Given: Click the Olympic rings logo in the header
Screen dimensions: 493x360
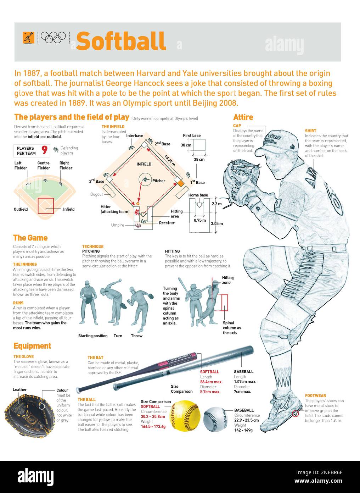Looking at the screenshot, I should tap(53, 37).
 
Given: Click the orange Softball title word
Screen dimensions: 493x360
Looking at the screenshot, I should tap(121, 41).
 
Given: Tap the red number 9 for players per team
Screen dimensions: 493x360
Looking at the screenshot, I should tap(44, 150).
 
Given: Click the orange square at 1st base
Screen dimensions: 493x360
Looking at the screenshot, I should tap(180, 183).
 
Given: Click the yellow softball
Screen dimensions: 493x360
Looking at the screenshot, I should tap(185, 415).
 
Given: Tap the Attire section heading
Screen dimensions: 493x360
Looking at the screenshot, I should tap(243, 117).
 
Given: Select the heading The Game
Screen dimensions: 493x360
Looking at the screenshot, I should tap(30, 238).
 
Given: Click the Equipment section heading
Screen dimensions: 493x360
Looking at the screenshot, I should tap(32, 346).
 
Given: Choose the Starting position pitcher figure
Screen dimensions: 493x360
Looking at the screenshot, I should tap(88, 302).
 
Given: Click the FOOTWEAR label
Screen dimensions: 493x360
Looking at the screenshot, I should tap(315, 395).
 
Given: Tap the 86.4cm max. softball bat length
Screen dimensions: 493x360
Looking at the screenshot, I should tap(211, 382).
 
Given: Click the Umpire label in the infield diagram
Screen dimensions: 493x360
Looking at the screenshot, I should tap(117, 225).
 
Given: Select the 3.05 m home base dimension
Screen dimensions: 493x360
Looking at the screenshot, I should tap(216, 224).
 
